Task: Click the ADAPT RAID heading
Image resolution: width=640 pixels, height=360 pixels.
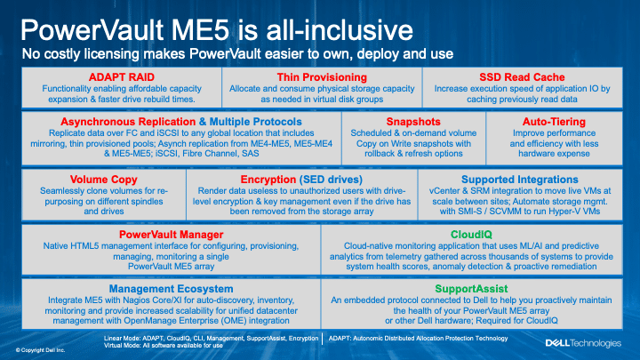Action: pyautogui.click(x=122, y=77)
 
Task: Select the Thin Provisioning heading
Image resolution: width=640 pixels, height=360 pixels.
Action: pyautogui.click(x=322, y=77)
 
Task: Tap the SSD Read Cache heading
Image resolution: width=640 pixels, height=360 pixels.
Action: pyautogui.click(x=522, y=77)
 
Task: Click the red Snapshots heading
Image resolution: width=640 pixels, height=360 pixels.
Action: pyautogui.click(x=413, y=122)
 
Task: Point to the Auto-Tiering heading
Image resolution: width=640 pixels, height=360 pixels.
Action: pyautogui.click(x=554, y=122)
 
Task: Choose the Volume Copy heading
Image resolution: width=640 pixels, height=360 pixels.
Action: pyautogui.click(x=104, y=180)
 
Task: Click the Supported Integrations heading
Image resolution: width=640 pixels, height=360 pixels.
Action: pyautogui.click(x=520, y=180)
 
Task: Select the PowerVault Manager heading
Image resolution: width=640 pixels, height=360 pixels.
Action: pyautogui.click(x=171, y=235)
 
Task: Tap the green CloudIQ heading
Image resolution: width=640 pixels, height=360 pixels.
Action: pyautogui.click(x=471, y=235)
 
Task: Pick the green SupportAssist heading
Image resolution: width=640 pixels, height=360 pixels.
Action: pyautogui.click(x=471, y=289)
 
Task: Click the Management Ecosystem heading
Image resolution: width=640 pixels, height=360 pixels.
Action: pyautogui.click(x=171, y=289)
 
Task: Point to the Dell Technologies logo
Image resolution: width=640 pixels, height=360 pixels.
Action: pyautogui.click(x=583, y=343)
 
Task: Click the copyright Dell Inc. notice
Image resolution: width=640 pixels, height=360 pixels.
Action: pyautogui.click(x=40, y=350)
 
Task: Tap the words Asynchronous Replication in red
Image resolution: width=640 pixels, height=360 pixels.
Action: pyautogui.click(x=128, y=122)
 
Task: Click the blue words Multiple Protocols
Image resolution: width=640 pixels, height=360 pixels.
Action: pyautogui.click(x=255, y=122)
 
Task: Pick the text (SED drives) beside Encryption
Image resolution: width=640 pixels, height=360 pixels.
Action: pyautogui.click(x=331, y=180)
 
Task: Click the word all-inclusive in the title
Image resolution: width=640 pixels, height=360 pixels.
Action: pyautogui.click(x=340, y=30)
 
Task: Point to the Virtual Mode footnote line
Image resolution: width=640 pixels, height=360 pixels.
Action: pyautogui.click(x=164, y=345)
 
